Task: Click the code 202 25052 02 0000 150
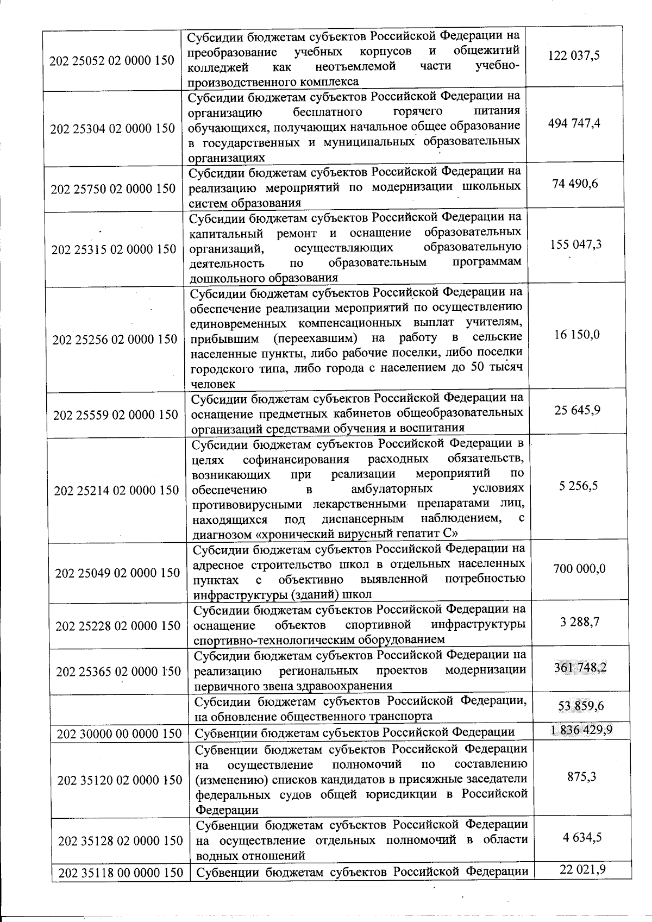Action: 112,60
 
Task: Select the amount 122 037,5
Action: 574,55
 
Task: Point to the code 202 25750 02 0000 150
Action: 113,189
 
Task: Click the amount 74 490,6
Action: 575,184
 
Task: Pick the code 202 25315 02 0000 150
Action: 114,249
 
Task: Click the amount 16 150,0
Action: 576,334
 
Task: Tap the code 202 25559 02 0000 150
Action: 116,415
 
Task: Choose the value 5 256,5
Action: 578,485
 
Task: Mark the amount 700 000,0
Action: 579,568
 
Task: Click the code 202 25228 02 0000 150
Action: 118,626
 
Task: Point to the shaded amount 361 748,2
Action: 580,667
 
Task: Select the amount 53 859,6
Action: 581,706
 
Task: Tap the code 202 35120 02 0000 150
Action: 120,780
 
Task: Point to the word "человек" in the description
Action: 213,384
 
